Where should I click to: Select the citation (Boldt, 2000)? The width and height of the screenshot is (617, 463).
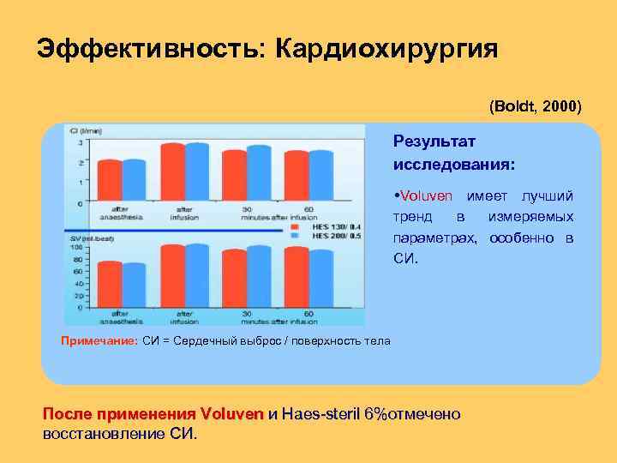tap(536, 107)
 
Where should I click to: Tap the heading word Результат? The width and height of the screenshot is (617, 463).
tap(434, 140)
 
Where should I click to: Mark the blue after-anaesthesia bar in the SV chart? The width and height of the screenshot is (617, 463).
tap(135, 285)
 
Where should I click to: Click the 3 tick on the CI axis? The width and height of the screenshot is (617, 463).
tap(81, 142)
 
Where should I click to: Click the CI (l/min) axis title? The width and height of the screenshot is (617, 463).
tap(87, 131)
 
